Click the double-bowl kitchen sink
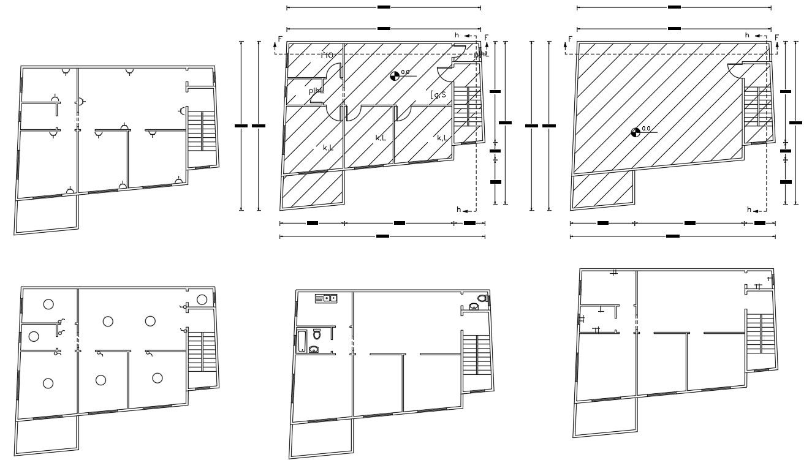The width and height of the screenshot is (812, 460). (327, 298)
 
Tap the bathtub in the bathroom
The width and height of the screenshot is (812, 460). (301, 341)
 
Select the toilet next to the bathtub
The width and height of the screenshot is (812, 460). (317, 334)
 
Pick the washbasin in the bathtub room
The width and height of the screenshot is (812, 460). (314, 350)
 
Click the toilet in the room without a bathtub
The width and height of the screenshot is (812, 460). (482, 299)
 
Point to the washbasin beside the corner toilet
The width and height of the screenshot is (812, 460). (473, 307)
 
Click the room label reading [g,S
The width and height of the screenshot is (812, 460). (438, 94)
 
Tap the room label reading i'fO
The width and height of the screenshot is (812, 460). (327, 56)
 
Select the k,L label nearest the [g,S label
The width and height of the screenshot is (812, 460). (442, 138)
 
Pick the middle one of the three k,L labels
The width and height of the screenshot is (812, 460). (381, 138)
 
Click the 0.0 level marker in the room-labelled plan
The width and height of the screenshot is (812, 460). (395, 76)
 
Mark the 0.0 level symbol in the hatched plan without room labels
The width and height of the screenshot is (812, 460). (636, 132)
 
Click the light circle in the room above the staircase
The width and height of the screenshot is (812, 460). (202, 299)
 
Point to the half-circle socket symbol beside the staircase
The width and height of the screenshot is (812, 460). (182, 111)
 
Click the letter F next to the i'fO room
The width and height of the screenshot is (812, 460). (280, 39)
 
